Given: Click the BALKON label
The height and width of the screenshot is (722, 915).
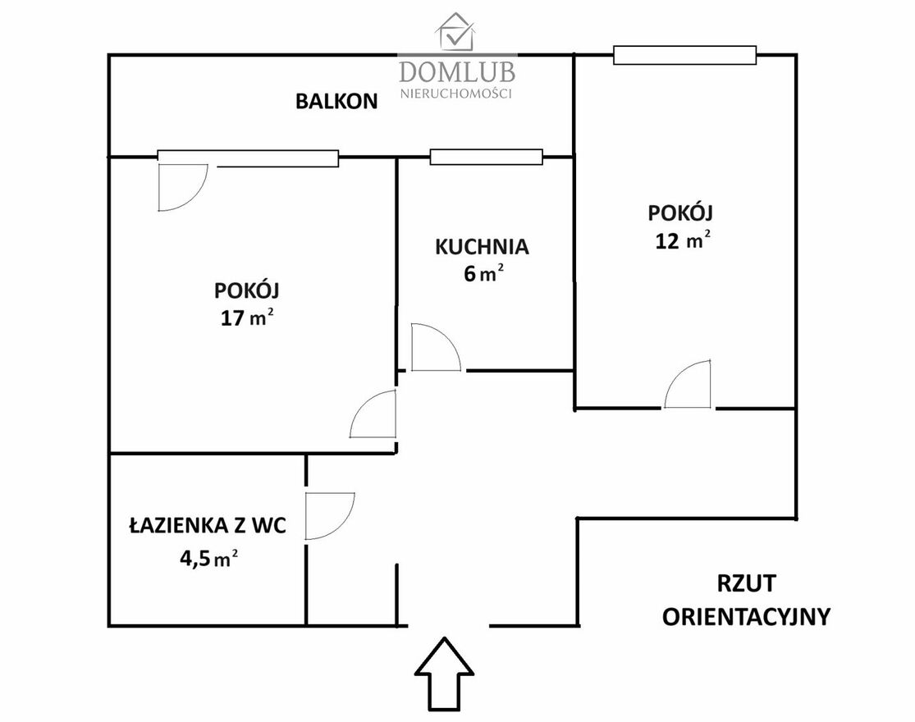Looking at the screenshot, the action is coord(336,102).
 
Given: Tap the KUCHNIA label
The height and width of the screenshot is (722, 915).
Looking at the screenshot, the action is coord(482,247).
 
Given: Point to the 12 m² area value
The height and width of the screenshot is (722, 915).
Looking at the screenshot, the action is coord(683,240).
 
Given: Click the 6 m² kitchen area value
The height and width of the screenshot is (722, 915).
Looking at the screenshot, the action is coord(483,273).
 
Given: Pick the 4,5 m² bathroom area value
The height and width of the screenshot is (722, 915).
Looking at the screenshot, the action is coord(208,559).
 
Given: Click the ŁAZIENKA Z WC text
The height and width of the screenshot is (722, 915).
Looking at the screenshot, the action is coord(208,525).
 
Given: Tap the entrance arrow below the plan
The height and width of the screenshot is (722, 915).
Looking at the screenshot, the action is coord(444,674).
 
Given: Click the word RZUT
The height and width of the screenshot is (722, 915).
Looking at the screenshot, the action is coord(746,583).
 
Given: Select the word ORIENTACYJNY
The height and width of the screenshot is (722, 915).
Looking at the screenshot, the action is coord(746,616).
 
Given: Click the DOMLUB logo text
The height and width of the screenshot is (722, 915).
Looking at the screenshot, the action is coord(457,71).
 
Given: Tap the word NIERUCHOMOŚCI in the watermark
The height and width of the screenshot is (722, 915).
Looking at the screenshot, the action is coord(456,94).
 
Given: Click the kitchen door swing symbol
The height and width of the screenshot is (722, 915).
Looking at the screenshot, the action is coord(435,348).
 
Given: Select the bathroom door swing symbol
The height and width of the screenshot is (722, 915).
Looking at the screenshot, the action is coord(330,516).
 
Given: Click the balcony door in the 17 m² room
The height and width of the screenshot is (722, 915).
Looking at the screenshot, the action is coord(183,188).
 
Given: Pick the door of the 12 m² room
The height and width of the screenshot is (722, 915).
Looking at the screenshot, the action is coord(688,385).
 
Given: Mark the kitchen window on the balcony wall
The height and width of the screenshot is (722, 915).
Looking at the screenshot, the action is coord(486,157).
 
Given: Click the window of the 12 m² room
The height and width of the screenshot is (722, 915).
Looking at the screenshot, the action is coord(684,56).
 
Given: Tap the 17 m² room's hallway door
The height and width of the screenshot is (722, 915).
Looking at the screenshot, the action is coord(373,414).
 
